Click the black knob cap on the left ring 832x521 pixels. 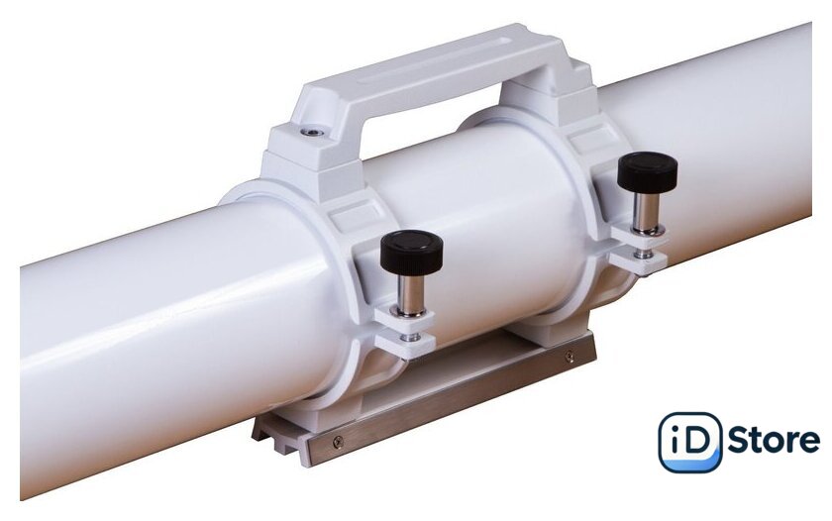point(411,253)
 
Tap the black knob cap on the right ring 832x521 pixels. point(648,171)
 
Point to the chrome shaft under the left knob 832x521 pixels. point(410,295)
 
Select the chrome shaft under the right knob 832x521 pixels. point(646,211)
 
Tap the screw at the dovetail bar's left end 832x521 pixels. point(338,440)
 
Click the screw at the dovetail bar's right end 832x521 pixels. point(570,356)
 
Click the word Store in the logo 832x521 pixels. point(773,442)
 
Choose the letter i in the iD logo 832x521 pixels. point(675,441)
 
